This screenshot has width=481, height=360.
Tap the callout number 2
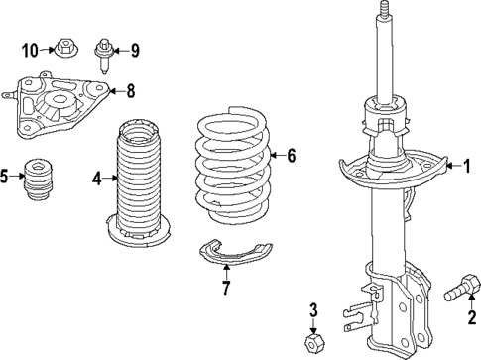pyautogui.click(x=458, y=317)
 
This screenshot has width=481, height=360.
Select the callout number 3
pyautogui.click(x=312, y=311)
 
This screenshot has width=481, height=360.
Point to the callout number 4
pyautogui.click(x=97, y=179)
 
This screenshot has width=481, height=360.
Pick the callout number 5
pyautogui.click(x=6, y=178)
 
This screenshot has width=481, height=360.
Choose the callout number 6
pyautogui.click(x=292, y=155)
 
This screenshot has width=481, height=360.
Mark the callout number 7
pyautogui.click(x=226, y=290)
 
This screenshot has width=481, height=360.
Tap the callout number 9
pyautogui.click(x=136, y=49)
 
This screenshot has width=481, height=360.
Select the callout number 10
pyautogui.click(x=30, y=49)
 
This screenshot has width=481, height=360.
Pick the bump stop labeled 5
pyautogui.click(x=41, y=180)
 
